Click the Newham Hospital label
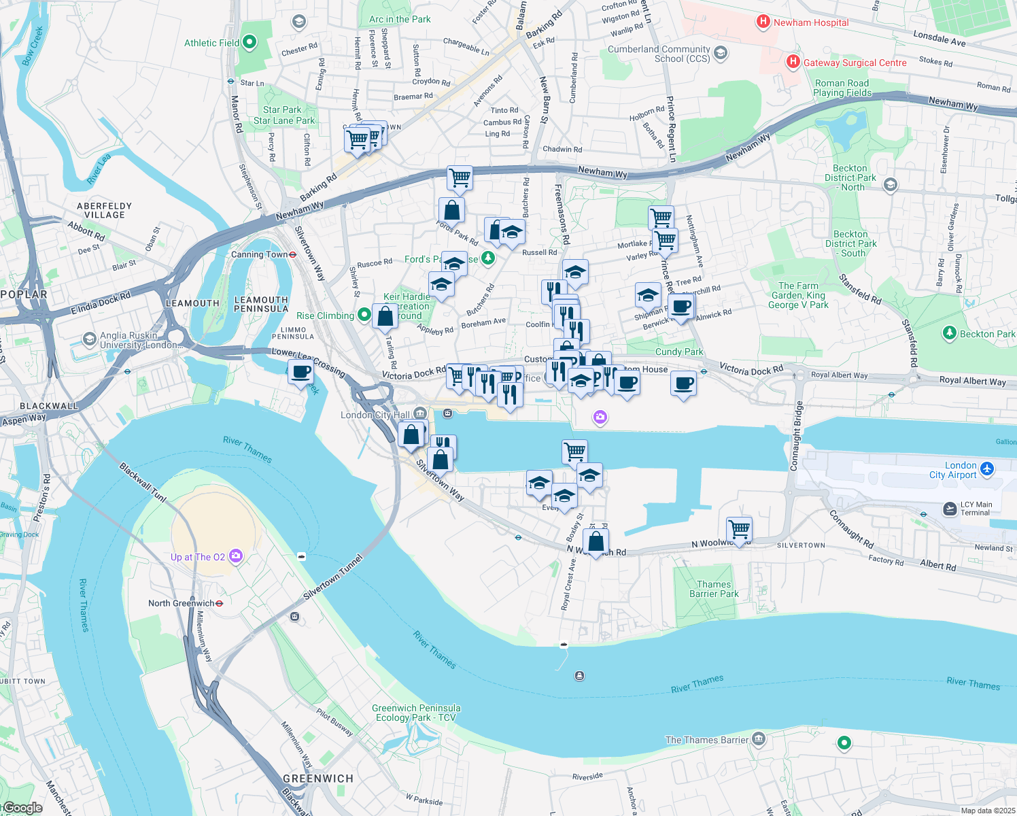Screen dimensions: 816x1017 (810, 22)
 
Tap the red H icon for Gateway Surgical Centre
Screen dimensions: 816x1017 (793, 63)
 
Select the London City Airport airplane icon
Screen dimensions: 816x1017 (988, 469)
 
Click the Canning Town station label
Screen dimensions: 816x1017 (259, 254)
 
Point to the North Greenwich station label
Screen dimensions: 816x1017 (181, 603)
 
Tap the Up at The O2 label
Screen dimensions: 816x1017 (197, 557)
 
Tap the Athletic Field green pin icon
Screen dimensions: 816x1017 (249, 43)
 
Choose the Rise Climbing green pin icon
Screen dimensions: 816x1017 (364, 315)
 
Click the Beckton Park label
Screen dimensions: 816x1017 (987, 334)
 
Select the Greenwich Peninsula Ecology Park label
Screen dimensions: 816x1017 (416, 713)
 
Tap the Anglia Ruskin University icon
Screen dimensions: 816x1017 (89, 339)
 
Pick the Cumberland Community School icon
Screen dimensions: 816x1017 (721, 52)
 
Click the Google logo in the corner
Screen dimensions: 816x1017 (23, 808)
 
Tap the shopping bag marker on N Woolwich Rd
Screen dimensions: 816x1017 (596, 542)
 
